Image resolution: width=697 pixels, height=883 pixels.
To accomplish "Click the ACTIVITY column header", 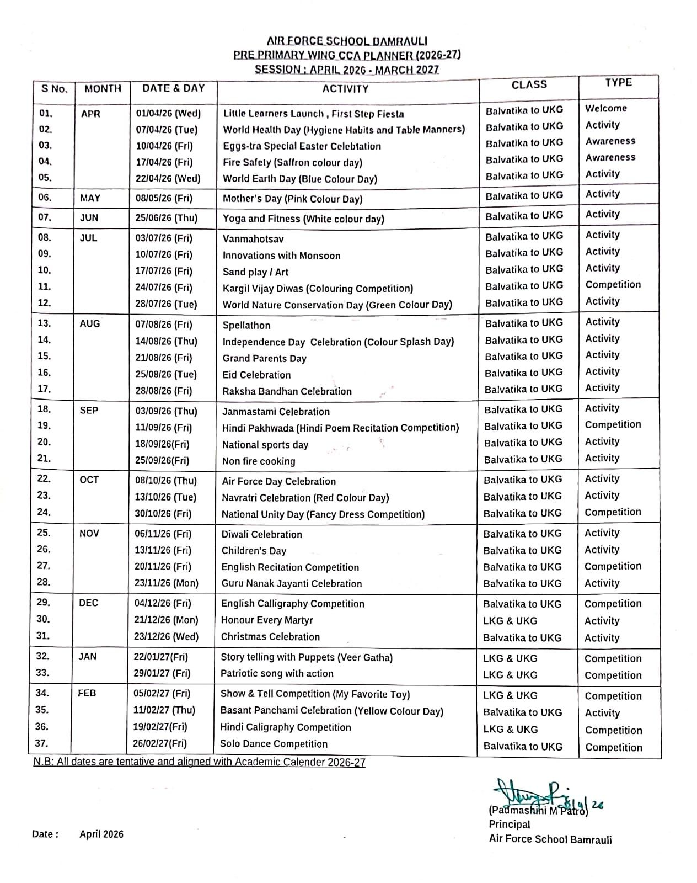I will [345, 88].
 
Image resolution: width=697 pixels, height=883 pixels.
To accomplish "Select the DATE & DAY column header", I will [173, 88].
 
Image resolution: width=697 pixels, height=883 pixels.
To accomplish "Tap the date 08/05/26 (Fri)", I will [166, 198].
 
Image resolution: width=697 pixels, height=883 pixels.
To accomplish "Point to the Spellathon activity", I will [246, 325].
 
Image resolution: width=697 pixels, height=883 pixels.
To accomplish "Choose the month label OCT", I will [89, 480].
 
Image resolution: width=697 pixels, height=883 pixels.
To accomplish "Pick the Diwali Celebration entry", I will [261, 534].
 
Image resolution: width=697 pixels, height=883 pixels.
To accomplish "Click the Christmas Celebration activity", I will [270, 636].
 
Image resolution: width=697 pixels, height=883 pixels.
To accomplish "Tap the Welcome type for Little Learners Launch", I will [605, 108].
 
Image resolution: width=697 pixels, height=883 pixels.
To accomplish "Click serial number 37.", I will [42, 743].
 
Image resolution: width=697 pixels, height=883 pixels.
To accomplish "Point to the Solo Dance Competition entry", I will [274, 743].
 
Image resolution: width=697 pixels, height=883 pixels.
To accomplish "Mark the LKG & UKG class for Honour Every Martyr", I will [510, 620].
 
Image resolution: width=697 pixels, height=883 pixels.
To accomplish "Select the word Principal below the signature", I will [509, 824].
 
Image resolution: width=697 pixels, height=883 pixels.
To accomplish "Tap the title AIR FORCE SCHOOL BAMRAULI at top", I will [347, 41].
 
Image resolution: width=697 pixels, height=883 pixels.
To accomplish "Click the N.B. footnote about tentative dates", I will [199, 762].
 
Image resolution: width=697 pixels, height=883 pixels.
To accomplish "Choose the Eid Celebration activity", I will [256, 375].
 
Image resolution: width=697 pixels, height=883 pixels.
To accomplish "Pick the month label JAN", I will [87, 656].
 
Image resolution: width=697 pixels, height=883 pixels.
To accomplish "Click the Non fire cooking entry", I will [258, 461].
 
